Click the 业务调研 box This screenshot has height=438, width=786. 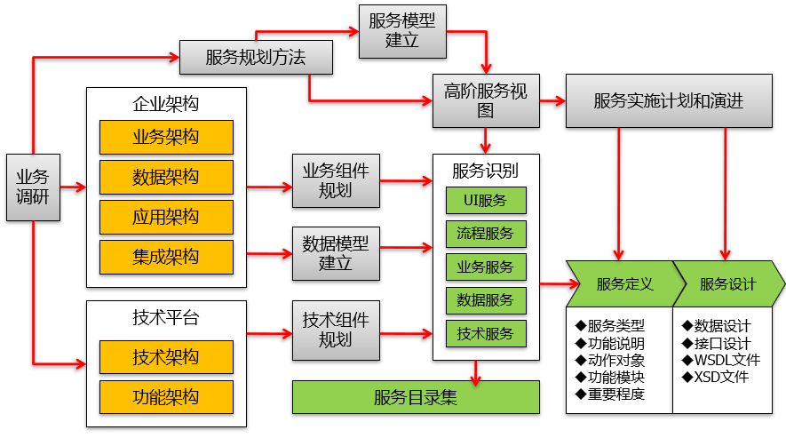tap(33, 187)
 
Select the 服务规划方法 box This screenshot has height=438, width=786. tap(256, 58)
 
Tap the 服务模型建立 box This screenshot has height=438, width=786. tap(402, 31)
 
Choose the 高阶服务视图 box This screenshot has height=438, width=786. tap(485, 100)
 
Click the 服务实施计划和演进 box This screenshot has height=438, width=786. tap(669, 100)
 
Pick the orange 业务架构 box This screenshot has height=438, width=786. tap(166, 138)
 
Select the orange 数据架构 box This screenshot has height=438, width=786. tap(166, 178)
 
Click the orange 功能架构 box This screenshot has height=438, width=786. tap(166, 397)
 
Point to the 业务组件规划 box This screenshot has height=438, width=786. tap(336, 179)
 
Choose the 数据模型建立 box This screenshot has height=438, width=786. tap(336, 252)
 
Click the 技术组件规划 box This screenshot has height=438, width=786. tap(336, 329)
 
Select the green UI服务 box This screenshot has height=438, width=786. tap(485, 201)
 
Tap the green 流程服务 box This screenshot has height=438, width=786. tap(485, 235)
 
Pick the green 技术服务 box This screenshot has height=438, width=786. tap(485, 334)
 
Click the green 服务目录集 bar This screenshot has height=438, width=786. tap(416, 397)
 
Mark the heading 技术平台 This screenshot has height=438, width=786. tap(166, 318)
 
